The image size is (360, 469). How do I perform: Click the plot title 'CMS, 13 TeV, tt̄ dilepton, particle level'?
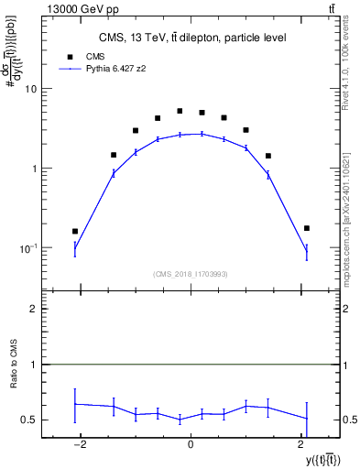193,38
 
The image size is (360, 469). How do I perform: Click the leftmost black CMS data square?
75,232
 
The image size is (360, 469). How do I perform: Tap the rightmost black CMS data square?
307,228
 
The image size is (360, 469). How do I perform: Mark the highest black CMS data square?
180,111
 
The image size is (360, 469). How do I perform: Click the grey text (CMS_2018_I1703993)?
191,273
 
